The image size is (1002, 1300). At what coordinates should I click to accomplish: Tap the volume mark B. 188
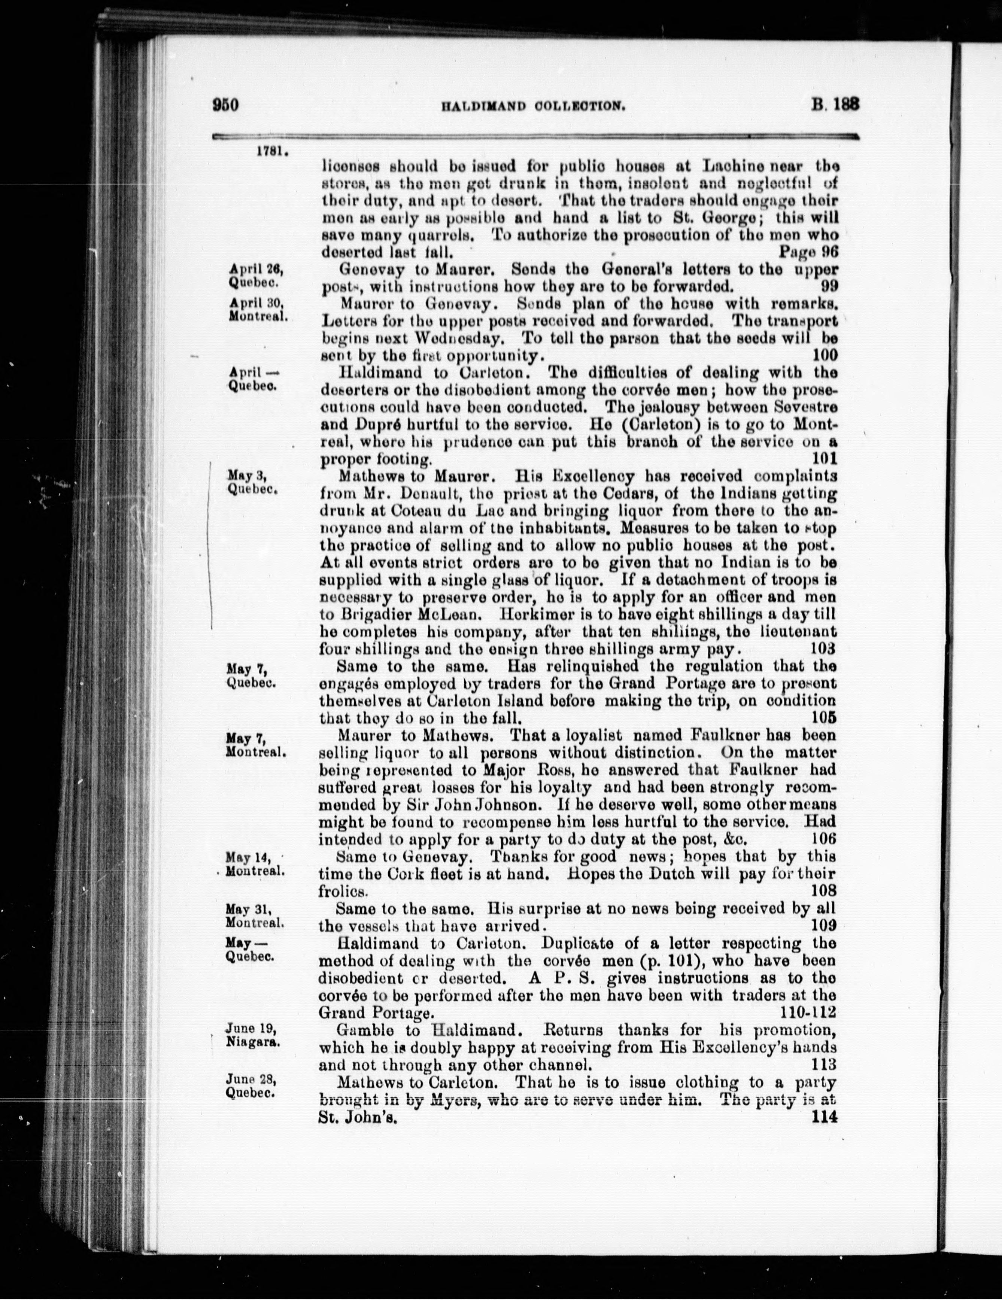click(835, 105)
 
